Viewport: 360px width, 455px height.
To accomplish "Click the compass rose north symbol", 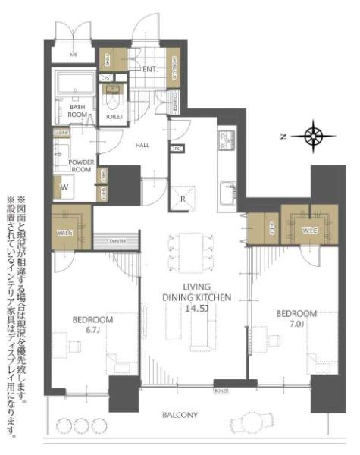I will coord(313,136).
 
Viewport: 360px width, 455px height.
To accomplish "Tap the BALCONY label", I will coord(180,415).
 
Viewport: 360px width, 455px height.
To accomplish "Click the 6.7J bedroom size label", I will coord(92,331).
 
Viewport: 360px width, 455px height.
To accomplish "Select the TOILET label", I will coord(114,118).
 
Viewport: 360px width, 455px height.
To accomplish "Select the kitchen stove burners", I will coord(228,140).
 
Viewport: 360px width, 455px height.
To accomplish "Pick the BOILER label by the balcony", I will coord(221,390).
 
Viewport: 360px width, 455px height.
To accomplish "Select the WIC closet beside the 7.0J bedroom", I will coord(308,229).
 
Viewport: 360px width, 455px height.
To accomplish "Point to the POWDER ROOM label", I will coord(80,166).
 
